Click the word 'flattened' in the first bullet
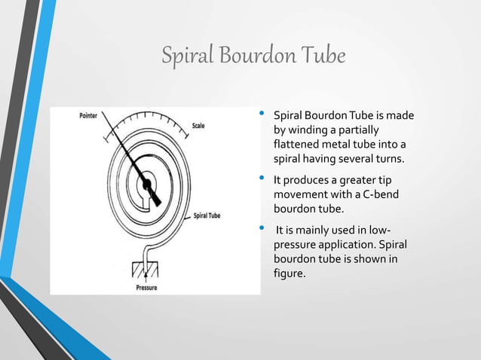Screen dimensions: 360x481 tap(297, 145)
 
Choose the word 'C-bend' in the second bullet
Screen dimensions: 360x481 tap(369, 195)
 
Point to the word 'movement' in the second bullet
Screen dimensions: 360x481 tap(298, 195)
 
